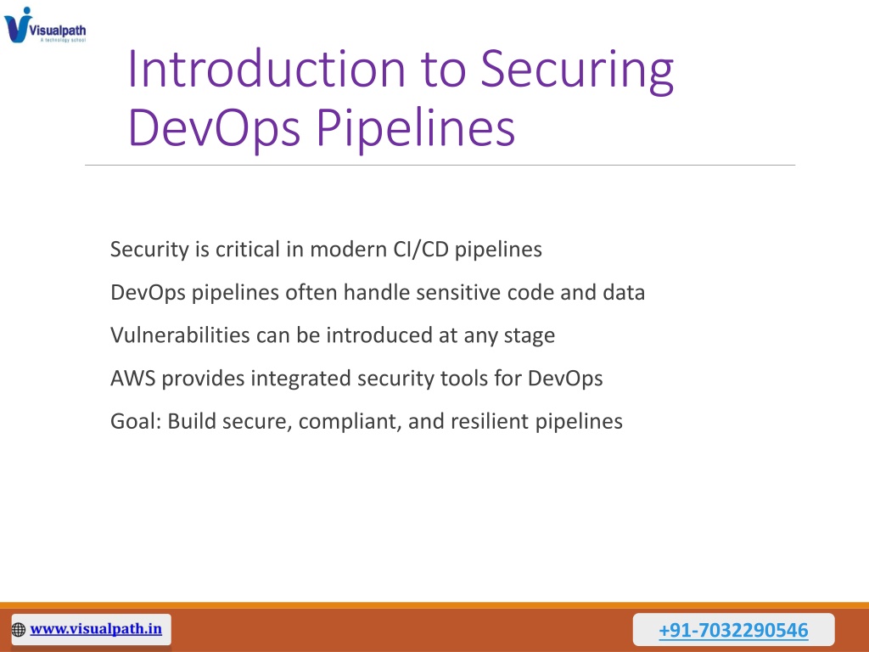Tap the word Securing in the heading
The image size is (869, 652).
[x=577, y=70]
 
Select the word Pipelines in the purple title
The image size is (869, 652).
[x=416, y=129]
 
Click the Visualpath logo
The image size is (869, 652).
[x=45, y=25]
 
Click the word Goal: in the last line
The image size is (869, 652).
[x=136, y=421]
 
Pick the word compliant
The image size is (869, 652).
[x=350, y=422]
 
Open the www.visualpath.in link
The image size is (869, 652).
[x=96, y=629]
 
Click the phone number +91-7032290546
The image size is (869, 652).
[x=733, y=630]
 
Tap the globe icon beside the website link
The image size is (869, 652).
[x=19, y=630]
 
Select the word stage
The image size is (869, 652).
[x=530, y=336]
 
